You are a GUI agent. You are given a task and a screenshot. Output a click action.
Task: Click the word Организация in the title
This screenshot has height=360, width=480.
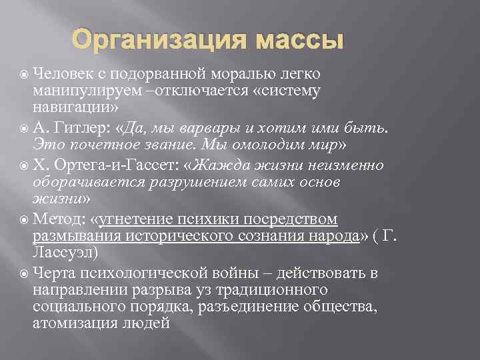(x=159, y=41)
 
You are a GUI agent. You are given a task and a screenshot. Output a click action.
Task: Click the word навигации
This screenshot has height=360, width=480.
(x=72, y=107)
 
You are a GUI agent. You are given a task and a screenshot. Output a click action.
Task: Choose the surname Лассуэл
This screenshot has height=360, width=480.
(x=64, y=253)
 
